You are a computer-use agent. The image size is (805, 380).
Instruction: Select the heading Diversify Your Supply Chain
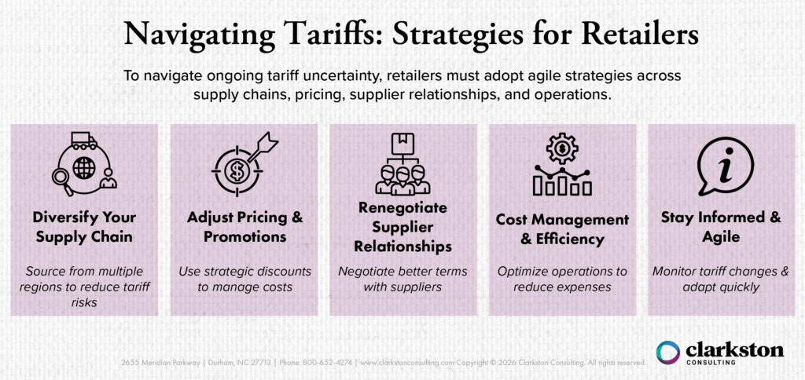pos(84,225)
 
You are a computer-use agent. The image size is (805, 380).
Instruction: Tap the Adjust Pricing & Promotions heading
pos(244,225)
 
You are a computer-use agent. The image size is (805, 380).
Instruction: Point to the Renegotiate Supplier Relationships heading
pos(402,227)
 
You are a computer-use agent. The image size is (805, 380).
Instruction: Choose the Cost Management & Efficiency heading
pos(562,228)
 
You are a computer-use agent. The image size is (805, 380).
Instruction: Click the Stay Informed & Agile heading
pos(721,225)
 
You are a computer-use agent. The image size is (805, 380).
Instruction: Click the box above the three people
pos(402,141)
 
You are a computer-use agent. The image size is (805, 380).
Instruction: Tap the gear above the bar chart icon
pos(562,147)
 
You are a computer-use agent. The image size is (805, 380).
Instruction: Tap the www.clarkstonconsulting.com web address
pos(405,363)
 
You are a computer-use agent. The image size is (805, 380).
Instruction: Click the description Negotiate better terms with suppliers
pos(402,279)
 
